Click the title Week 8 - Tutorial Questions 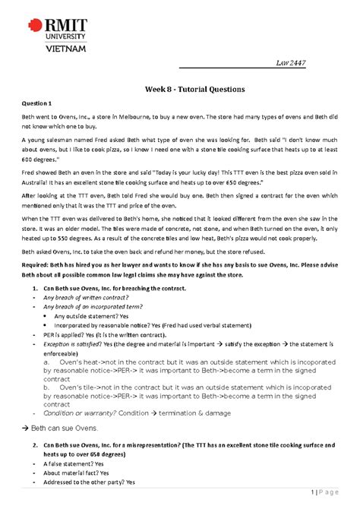coord(179,89)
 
